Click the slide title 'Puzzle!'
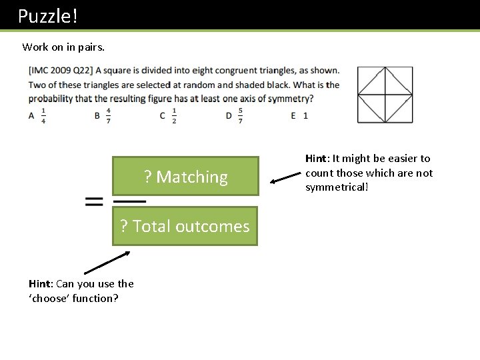point(48,16)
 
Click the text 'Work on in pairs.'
point(63,47)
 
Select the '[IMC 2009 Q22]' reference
point(61,70)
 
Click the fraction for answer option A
point(44,115)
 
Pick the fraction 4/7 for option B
point(108,115)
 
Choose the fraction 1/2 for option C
point(174,115)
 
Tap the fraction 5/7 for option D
point(240,115)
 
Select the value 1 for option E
point(305,115)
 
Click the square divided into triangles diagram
point(385,94)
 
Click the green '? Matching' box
point(185,177)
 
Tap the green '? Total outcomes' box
point(185,227)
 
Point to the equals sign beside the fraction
point(95,201)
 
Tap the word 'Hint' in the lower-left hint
point(41,284)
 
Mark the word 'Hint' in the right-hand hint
point(317,159)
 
